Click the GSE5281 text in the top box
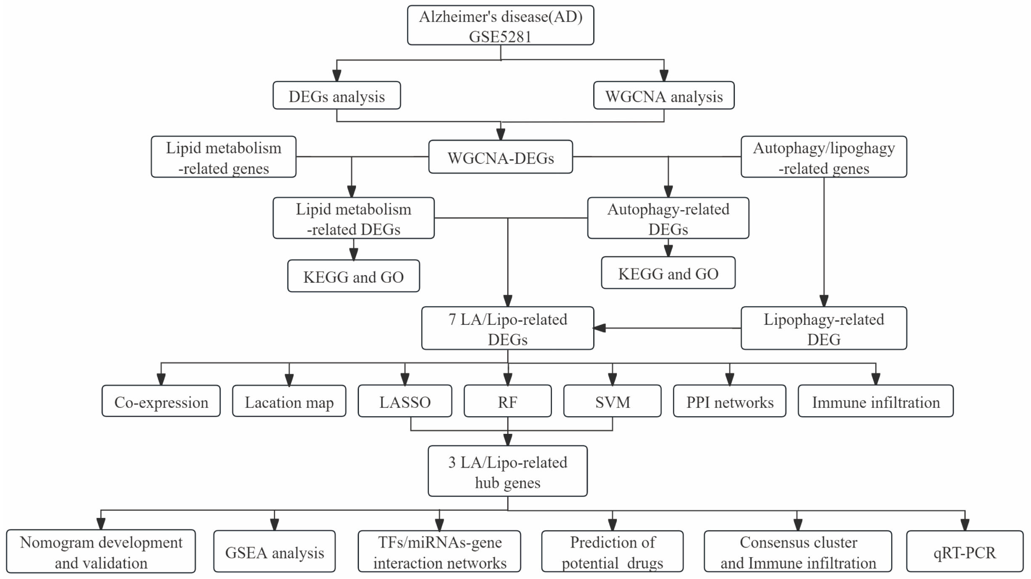click(500, 36)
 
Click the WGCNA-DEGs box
click(500, 158)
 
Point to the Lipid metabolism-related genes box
click(223, 157)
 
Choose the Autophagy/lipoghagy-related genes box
click(824, 157)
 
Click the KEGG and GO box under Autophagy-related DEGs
click(668, 273)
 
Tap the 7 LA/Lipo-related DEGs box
click(508, 329)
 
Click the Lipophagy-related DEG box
click(824, 329)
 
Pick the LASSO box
click(405, 401)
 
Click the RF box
click(508, 401)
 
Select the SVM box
click(612, 401)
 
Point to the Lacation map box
click(289, 401)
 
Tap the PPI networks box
click(730, 401)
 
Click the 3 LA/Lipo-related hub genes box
click(508, 472)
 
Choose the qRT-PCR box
click(965, 552)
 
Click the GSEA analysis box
click(274, 552)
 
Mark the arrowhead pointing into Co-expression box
click(161, 379)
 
